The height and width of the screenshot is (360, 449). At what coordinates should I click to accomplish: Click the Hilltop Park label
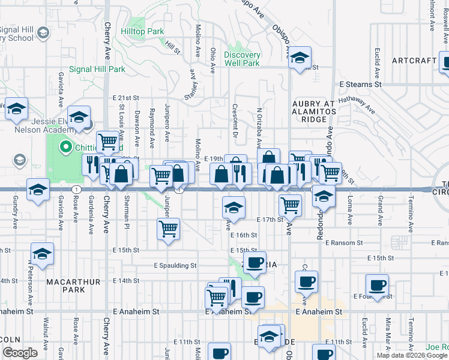[x=142, y=31]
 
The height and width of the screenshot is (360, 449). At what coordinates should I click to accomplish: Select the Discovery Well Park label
[x=242, y=59]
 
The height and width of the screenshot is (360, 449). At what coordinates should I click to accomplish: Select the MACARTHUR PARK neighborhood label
[x=66, y=284]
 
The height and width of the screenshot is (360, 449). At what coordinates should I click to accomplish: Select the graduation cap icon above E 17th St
[x=234, y=208]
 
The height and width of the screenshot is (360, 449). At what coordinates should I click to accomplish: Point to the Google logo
[x=20, y=353]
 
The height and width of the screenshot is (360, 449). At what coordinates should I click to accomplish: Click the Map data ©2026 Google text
[x=412, y=355]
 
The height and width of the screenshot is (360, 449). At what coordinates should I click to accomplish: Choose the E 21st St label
[x=125, y=98]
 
